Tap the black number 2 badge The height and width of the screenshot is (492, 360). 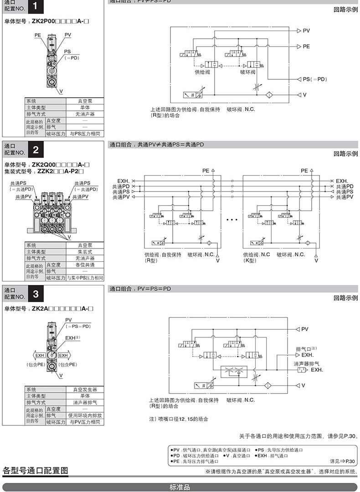tap(36, 150)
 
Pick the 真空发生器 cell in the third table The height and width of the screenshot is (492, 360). tap(85, 390)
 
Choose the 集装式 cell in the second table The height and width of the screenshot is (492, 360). tap(85, 252)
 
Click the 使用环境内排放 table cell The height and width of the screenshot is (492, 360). tap(85, 416)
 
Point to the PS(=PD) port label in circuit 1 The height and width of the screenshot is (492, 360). tap(315, 79)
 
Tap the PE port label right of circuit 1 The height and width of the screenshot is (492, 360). tap(306, 47)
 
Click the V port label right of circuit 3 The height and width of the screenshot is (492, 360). tap(303, 385)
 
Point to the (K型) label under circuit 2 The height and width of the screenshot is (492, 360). tap(250, 260)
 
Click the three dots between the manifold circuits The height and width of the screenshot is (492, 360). tap(232, 220)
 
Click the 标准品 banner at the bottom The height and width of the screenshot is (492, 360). tap(180, 487)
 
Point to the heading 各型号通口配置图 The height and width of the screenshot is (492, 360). tap(35, 470)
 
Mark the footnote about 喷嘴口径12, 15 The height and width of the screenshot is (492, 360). tap(178, 419)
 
